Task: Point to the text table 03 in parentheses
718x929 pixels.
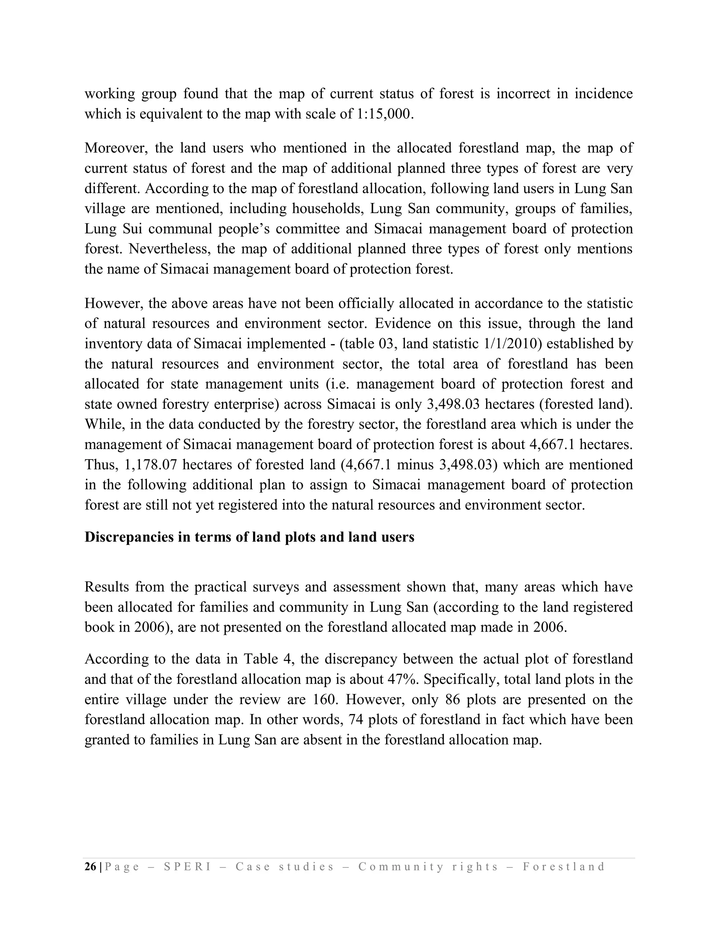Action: pyautogui.click(x=370, y=344)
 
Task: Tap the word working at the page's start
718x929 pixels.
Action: pyautogui.click(x=109, y=94)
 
